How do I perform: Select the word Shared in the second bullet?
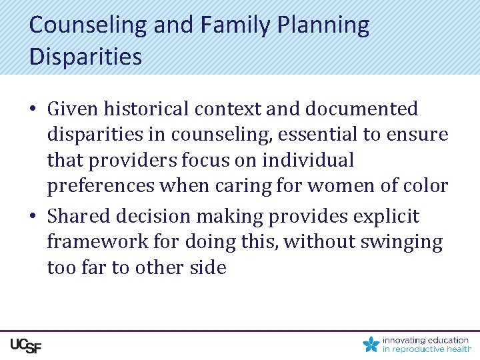81,216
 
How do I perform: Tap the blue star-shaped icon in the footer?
371,344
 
